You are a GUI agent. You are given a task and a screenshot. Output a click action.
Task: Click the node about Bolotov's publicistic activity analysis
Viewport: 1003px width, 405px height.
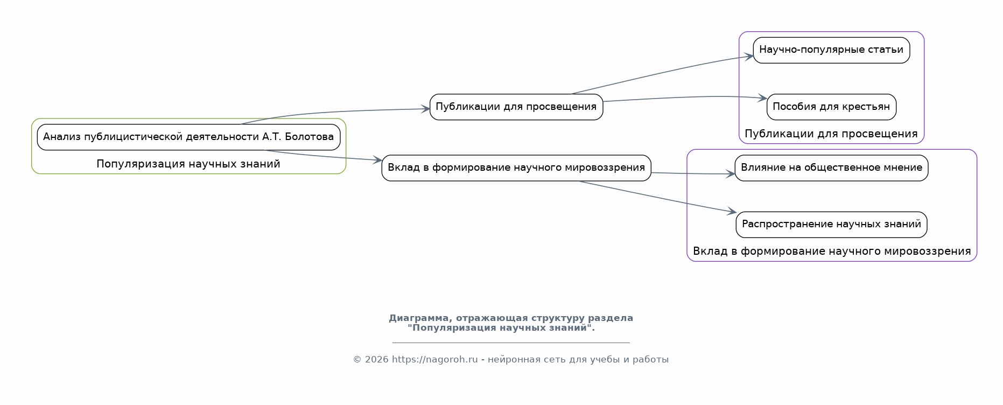[188, 137]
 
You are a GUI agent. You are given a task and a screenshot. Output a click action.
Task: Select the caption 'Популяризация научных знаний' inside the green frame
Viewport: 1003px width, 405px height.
[188, 164]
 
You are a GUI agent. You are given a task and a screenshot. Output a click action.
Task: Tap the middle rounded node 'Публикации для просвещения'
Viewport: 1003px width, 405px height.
[516, 107]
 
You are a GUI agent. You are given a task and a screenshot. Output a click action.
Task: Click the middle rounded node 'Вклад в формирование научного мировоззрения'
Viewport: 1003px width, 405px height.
[516, 167]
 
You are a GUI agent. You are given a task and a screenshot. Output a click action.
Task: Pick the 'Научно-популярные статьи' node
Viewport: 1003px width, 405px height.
[831, 50]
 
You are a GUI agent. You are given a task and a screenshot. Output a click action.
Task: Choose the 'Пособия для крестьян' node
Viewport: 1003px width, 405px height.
[831, 107]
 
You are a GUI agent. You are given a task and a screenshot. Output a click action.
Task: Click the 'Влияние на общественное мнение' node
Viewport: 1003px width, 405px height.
[831, 167]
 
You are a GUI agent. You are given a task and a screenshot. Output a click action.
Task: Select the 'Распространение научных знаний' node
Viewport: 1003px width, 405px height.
[831, 225]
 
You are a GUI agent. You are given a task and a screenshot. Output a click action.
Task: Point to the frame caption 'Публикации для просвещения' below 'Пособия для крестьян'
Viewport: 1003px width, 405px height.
[831, 134]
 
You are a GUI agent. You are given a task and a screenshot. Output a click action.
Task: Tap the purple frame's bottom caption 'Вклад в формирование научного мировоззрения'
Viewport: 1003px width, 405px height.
[832, 252]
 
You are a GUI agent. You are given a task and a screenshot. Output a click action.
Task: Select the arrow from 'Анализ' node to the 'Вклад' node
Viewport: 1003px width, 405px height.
[323, 156]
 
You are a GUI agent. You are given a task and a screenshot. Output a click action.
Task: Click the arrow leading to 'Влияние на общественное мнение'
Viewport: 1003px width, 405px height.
[693, 173]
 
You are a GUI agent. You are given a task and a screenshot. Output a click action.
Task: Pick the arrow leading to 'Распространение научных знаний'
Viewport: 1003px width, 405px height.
[657, 197]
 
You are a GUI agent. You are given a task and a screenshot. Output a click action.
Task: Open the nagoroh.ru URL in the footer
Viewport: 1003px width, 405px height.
[435, 360]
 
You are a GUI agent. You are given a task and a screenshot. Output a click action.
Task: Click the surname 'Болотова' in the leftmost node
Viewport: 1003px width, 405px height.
[310, 137]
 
